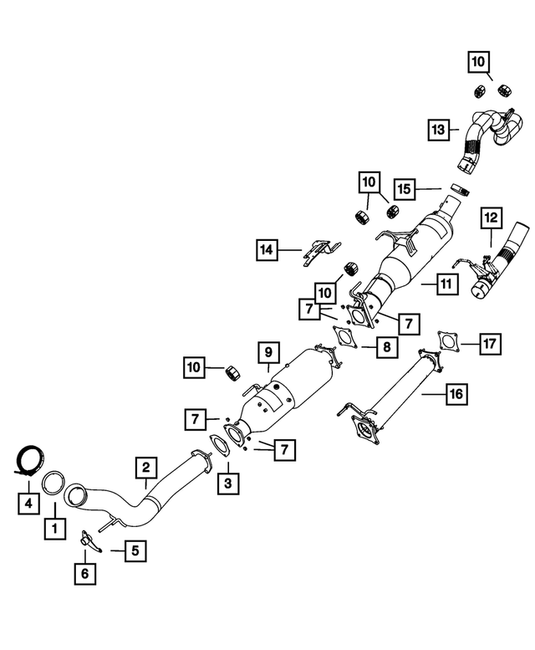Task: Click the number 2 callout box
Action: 145,467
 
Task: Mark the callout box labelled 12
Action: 490,218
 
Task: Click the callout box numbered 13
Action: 440,130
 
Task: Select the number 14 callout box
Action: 267,248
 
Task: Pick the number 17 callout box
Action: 490,342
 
